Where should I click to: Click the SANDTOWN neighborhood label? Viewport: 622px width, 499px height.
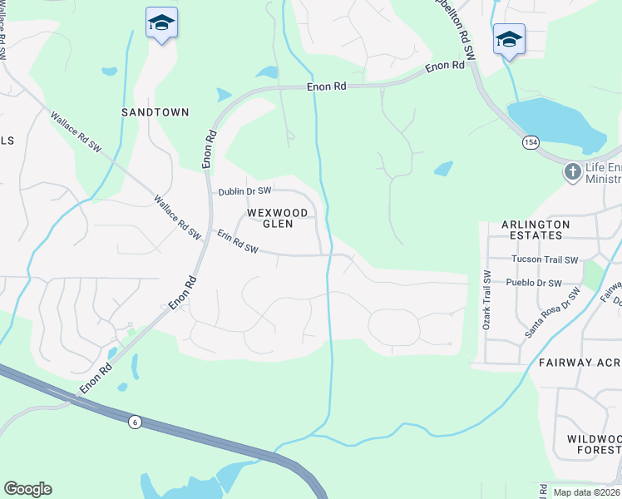pyautogui.click(x=155, y=112)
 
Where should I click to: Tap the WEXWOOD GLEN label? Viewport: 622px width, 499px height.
pyautogui.click(x=278, y=218)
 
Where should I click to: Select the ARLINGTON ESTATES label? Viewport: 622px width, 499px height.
pyautogui.click(x=536, y=230)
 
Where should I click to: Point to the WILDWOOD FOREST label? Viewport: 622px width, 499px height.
pyautogui.click(x=594, y=444)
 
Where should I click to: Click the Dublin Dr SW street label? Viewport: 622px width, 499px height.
pyautogui.click(x=245, y=191)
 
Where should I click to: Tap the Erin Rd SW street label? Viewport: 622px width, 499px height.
pyautogui.click(x=239, y=243)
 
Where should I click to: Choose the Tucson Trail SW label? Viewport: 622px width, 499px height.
pyautogui.click(x=545, y=259)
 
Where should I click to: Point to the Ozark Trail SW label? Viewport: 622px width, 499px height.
pyautogui.click(x=487, y=300)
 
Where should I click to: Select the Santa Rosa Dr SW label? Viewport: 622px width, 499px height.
pyautogui.click(x=552, y=313)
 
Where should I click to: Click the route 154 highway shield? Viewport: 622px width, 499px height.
pyautogui.click(x=530, y=143)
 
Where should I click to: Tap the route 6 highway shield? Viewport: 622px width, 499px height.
pyautogui.click(x=135, y=422)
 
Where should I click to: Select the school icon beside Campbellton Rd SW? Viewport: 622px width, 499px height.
pyautogui.click(x=509, y=39)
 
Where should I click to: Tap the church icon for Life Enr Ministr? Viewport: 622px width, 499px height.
pyautogui.click(x=572, y=172)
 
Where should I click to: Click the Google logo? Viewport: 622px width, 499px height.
pyautogui.click(x=27, y=489)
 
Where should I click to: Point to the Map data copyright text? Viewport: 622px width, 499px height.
pyautogui.click(x=587, y=492)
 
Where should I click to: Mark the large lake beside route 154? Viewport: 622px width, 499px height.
pyautogui.click(x=552, y=123)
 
